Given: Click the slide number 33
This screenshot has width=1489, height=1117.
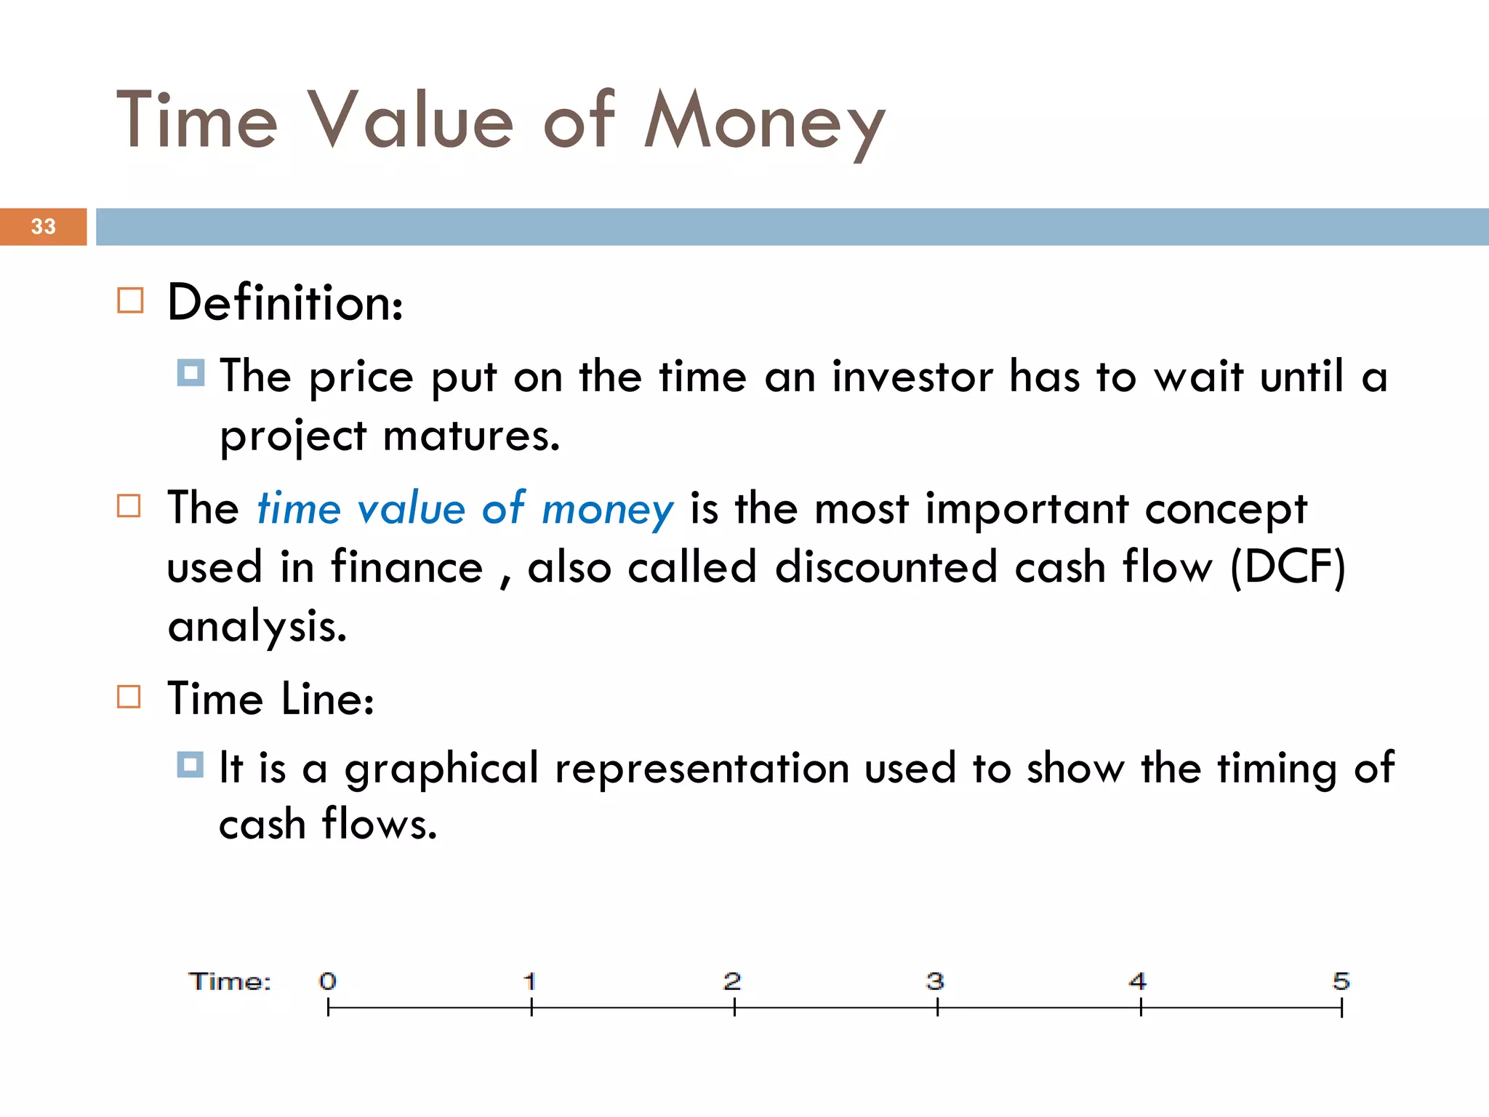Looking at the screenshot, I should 43,226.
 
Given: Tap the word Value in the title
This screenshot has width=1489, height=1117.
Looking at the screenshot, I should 411,120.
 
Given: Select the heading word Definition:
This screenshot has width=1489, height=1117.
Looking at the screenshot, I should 284,303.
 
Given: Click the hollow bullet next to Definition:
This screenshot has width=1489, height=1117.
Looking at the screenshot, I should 130,300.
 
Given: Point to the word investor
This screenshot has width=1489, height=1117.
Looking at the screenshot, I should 912,377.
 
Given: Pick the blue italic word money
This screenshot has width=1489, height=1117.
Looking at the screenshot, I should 607,509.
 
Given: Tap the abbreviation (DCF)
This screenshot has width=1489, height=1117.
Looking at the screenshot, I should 1287,567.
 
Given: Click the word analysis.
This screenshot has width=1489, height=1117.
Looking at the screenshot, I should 257,626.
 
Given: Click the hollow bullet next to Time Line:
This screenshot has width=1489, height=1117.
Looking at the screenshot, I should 129,697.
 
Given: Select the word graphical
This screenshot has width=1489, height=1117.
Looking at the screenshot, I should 441,769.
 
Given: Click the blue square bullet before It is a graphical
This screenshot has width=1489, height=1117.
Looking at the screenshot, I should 190,764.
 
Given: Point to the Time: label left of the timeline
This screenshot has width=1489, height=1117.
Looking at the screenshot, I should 230,982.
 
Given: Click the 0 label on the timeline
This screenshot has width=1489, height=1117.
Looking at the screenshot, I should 328,982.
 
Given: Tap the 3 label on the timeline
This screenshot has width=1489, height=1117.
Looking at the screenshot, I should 935,982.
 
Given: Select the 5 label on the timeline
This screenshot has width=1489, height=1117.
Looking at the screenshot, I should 1341,982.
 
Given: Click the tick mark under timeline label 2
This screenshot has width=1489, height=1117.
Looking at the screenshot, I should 734,1007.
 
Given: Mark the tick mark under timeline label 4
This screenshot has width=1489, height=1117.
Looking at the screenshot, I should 1141,1007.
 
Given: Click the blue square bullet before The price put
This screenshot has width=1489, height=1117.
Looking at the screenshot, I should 190,373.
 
